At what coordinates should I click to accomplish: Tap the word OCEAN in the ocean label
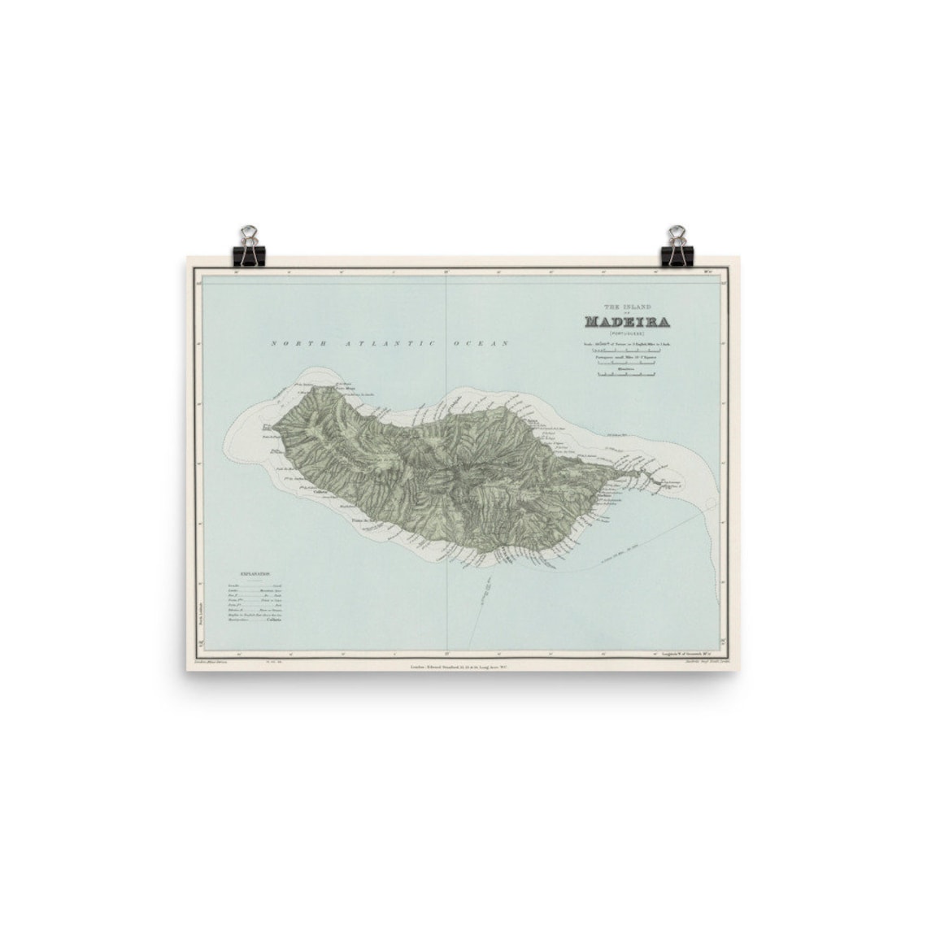pos(487,343)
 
